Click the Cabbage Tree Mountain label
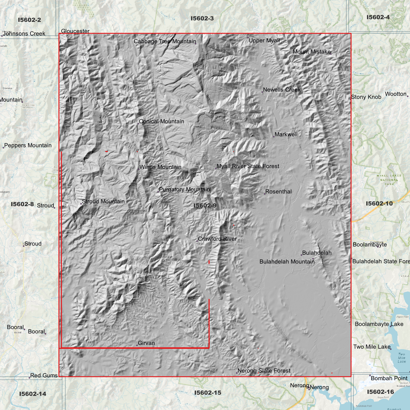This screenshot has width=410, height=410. pyautogui.click(x=165, y=41)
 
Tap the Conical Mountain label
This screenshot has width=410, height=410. pyautogui.click(x=161, y=121)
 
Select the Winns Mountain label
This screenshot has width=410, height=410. pyautogui.click(x=160, y=167)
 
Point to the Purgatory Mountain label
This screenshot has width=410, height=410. pyautogui.click(x=184, y=190)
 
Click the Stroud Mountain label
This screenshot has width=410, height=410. pyautogui.click(x=103, y=201)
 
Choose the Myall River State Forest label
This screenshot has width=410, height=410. pyautogui.click(x=248, y=166)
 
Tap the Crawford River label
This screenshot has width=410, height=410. pyautogui.click(x=217, y=239)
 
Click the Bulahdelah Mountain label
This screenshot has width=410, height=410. pyautogui.click(x=287, y=262)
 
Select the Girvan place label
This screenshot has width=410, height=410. pyautogui.click(x=146, y=343)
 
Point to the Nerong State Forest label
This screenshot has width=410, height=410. pyautogui.click(x=264, y=371)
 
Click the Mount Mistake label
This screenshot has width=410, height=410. pyautogui.click(x=312, y=52)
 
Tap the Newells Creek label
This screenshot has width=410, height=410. pyautogui.click(x=281, y=90)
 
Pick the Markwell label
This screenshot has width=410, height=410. pyautogui.click(x=286, y=134)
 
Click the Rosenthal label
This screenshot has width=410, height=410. pyautogui.click(x=278, y=192)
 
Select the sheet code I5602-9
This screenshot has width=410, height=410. pyautogui.click(x=205, y=206)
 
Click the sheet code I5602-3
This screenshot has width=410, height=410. pyautogui.click(x=202, y=18)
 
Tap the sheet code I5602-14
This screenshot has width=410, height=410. pyautogui.click(x=33, y=394)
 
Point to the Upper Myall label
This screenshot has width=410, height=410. pyautogui.click(x=264, y=41)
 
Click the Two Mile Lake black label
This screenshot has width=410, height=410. pyautogui.click(x=372, y=347)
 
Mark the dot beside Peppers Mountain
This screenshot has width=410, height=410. pyautogui.click(x=3, y=148)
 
